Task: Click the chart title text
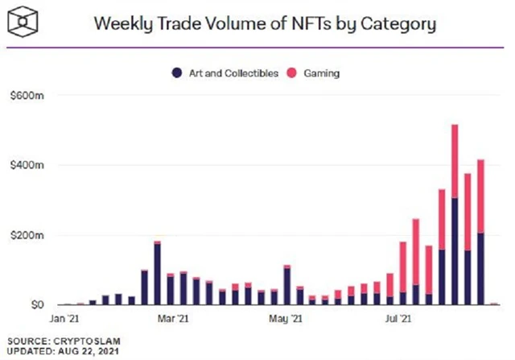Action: pos(265,23)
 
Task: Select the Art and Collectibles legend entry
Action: pos(225,73)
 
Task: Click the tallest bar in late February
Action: pos(157,274)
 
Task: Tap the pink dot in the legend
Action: pos(292,73)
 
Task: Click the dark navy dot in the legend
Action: pos(176,73)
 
